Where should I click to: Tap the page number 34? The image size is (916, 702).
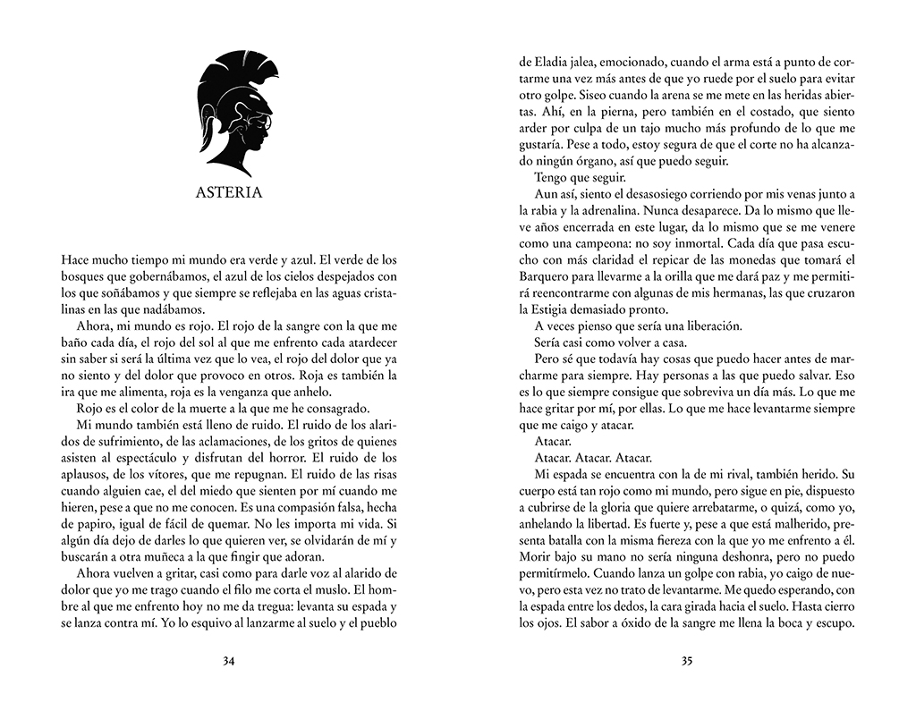point(228,662)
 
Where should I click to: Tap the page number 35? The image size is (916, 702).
point(687,662)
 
